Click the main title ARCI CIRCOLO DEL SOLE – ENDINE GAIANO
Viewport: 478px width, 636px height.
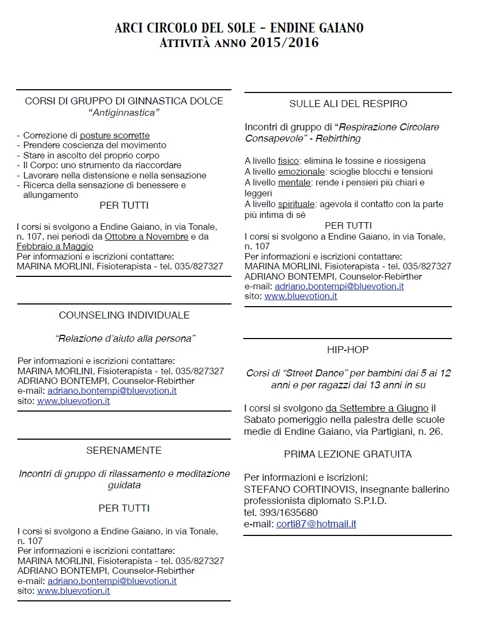click(239, 28)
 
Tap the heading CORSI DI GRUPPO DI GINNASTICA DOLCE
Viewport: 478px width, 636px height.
click(124, 101)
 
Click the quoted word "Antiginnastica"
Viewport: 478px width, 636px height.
click(124, 112)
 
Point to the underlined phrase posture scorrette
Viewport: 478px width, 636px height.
click(115, 136)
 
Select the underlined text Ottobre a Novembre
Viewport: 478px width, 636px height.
click(147, 237)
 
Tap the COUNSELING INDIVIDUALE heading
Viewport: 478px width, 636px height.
click(124, 315)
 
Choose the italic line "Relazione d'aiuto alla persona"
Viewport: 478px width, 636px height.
click(125, 339)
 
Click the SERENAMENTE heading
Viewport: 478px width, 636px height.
click(124, 450)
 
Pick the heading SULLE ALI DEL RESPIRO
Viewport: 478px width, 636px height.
click(348, 103)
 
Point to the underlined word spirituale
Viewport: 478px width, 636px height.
click(297, 204)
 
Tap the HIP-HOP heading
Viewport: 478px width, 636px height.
click(348, 350)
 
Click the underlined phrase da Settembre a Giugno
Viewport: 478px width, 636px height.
click(377, 408)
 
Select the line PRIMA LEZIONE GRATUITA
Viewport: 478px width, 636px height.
click(348, 454)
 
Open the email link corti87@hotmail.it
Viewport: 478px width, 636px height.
click(316, 524)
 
